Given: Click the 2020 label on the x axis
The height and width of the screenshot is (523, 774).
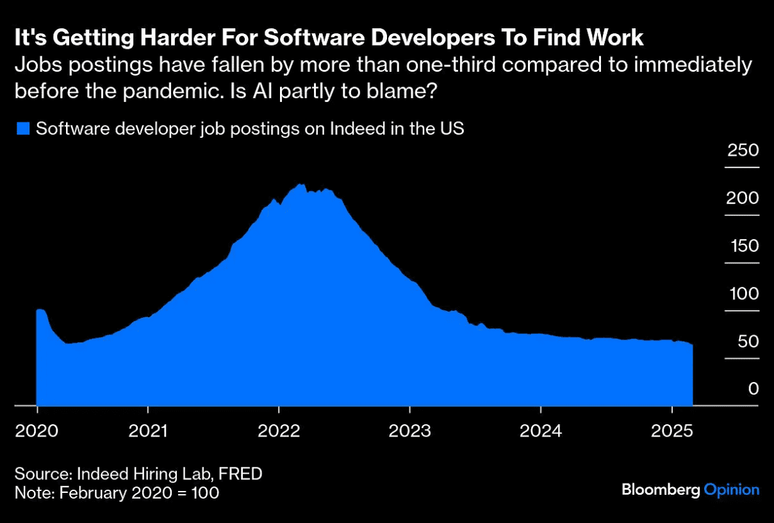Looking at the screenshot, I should (x=37, y=430).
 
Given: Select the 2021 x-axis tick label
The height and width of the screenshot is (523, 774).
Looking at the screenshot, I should (x=148, y=430).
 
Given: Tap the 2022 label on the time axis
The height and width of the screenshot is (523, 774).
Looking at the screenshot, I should (x=279, y=430).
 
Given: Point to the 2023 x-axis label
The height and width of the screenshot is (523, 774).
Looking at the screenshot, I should (x=409, y=430).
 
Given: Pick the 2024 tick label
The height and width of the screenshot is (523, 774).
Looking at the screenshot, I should (x=540, y=430).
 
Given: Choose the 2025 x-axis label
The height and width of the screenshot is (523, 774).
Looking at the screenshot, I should (x=671, y=430).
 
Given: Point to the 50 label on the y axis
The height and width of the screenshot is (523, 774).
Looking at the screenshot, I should (x=747, y=342).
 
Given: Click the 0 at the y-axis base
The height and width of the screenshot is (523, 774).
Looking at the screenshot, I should (x=753, y=389).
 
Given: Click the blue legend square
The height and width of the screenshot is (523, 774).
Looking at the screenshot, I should (x=23, y=129).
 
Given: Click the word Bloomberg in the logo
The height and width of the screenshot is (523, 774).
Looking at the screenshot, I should (x=661, y=490).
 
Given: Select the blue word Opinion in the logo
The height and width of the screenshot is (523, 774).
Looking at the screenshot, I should (x=732, y=490).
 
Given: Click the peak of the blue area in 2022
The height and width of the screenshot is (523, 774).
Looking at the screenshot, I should (x=300, y=185).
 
